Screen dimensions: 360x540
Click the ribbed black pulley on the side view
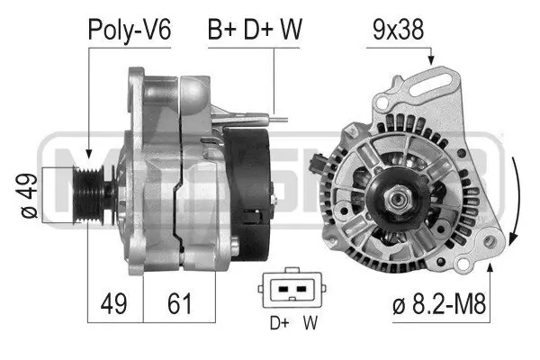(x=91, y=191)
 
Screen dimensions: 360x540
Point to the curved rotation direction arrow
(x=513, y=198)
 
